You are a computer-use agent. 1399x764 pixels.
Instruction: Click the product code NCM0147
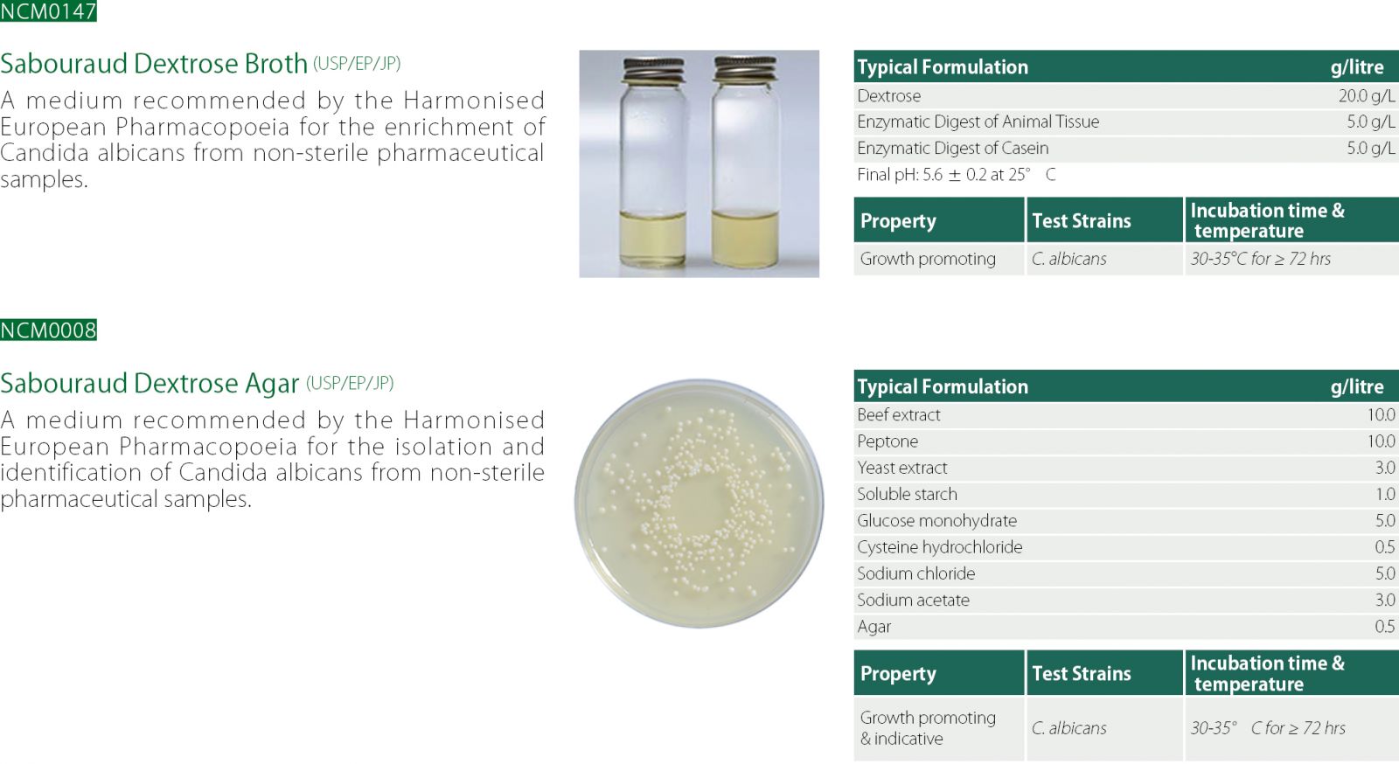48,10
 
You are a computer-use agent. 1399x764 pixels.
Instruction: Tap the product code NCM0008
48,330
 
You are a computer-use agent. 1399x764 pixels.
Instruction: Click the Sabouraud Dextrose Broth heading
154,64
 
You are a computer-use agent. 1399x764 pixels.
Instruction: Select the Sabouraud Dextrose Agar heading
150,383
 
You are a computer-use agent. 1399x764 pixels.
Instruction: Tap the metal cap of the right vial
745,69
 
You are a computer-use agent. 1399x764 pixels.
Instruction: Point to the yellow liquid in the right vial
745,239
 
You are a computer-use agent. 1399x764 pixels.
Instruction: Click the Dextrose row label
888,96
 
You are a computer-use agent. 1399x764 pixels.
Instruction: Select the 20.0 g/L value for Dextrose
1367,96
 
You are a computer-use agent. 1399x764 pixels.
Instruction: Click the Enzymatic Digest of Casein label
952,149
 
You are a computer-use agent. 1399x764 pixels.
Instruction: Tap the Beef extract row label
899,415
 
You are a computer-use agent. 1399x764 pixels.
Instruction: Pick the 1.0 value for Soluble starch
1385,495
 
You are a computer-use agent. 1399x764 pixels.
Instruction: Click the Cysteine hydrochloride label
939,547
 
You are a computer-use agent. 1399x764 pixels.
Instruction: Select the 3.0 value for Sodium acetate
1385,601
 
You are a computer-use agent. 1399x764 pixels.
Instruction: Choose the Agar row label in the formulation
874,628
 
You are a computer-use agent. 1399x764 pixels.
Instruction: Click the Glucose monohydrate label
936,521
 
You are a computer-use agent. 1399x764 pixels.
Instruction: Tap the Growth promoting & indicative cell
928,728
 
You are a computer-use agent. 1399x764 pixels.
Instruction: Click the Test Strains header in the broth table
1081,221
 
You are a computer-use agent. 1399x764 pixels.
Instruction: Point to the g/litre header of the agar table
1357,387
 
